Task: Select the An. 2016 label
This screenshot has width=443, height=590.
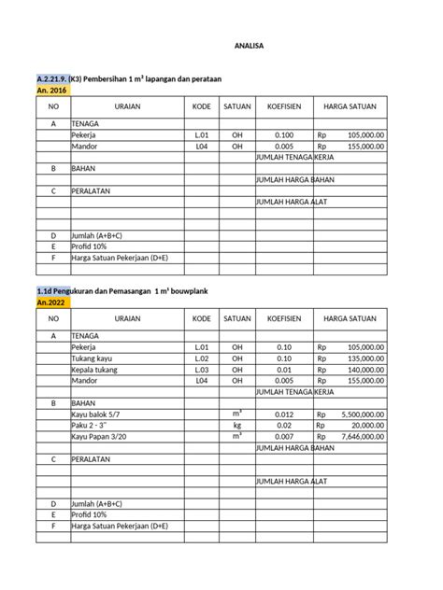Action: [53, 91]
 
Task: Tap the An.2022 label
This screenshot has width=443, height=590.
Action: [51, 303]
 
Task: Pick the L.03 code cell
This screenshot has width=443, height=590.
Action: [201, 370]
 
